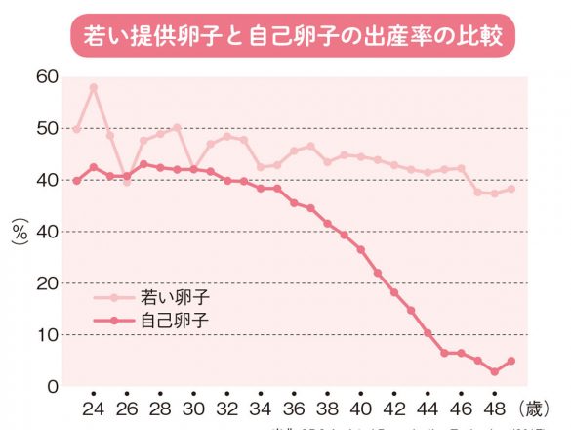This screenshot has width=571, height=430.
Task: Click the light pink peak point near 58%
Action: point(94,87)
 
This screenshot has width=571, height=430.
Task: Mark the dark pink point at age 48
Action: point(495,371)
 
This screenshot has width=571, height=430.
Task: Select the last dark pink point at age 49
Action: point(511,361)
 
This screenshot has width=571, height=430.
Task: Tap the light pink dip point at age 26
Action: point(127,182)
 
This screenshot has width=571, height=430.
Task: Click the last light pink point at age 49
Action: point(511,189)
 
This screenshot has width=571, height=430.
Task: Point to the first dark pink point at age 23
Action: point(77,180)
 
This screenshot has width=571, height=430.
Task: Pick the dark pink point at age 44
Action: point(428,333)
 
